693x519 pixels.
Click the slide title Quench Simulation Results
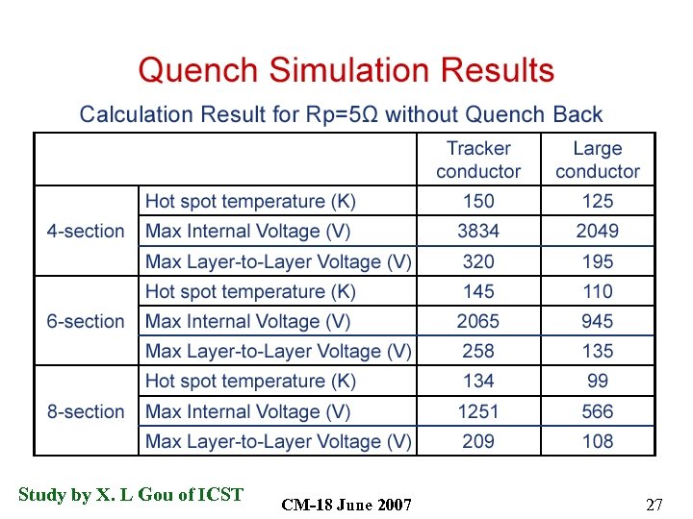click(x=346, y=71)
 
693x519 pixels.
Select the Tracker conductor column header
click(x=478, y=160)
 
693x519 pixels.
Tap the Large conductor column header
click(x=598, y=160)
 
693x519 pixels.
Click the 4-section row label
click(x=86, y=232)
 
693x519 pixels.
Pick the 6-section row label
click(x=86, y=322)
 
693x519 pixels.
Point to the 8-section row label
click(x=86, y=412)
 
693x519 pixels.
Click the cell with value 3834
click(x=478, y=232)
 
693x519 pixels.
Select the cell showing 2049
click(x=598, y=232)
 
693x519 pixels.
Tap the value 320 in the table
click(x=478, y=261)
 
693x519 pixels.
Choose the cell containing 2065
click(x=478, y=322)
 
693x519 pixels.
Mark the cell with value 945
click(x=598, y=322)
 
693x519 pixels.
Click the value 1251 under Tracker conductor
click(x=478, y=412)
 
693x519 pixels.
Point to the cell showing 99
click(x=598, y=382)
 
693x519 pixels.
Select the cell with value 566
click(x=598, y=412)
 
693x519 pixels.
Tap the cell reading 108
click(x=598, y=442)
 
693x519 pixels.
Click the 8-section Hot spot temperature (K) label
click(x=250, y=382)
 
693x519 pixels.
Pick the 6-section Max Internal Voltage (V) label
click(x=247, y=322)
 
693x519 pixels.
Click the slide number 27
click(x=654, y=505)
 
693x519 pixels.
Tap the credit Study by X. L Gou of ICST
click(x=131, y=495)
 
